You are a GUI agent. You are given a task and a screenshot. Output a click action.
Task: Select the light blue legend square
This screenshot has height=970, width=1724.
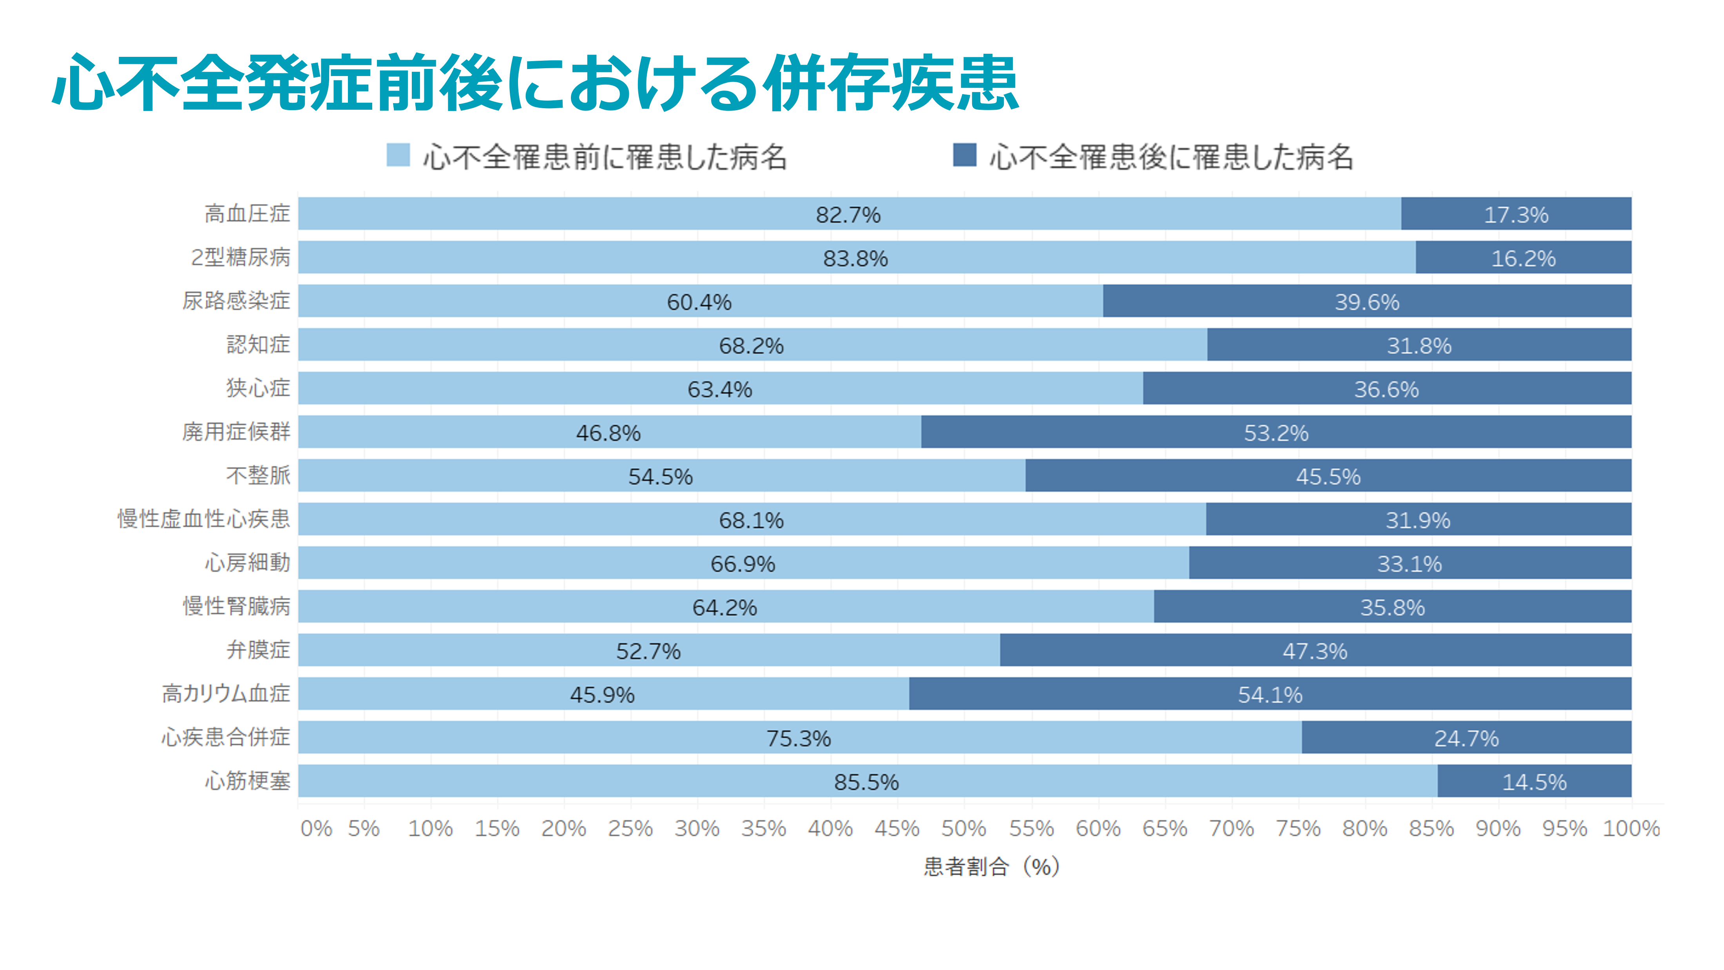click(x=398, y=155)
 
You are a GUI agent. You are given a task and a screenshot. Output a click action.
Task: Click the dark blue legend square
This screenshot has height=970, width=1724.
click(x=964, y=155)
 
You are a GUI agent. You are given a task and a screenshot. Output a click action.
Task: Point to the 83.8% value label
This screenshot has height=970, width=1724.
click(x=855, y=258)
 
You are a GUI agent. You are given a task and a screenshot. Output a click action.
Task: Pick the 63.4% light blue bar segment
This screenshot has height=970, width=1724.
click(x=720, y=388)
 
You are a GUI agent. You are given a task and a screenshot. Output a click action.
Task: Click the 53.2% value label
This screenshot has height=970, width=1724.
click(x=1276, y=433)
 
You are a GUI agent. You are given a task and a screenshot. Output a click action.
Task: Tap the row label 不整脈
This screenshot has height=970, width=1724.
click(x=258, y=475)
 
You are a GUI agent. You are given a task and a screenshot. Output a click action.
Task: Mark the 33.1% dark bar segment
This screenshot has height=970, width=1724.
click(x=1409, y=563)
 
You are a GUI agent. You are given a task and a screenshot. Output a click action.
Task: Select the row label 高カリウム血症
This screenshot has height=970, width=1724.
click(x=226, y=694)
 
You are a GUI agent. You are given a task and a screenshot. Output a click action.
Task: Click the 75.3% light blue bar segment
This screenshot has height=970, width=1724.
click(x=799, y=738)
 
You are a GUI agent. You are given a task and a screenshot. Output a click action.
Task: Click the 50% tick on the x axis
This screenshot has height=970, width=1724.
click(x=964, y=829)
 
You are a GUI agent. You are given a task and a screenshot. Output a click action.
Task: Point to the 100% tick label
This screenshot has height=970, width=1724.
click(x=1631, y=829)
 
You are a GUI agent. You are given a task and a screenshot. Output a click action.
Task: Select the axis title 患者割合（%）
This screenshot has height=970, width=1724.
click(x=991, y=867)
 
